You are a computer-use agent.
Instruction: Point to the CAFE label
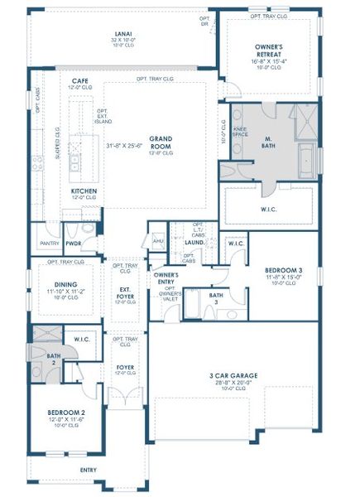[80, 80]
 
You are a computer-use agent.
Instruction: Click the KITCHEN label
[84, 191]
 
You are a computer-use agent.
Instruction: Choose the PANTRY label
[48, 244]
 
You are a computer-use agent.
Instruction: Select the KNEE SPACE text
[241, 132]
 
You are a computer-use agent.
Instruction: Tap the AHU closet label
[158, 240]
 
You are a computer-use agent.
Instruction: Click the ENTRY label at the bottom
[88, 470]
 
